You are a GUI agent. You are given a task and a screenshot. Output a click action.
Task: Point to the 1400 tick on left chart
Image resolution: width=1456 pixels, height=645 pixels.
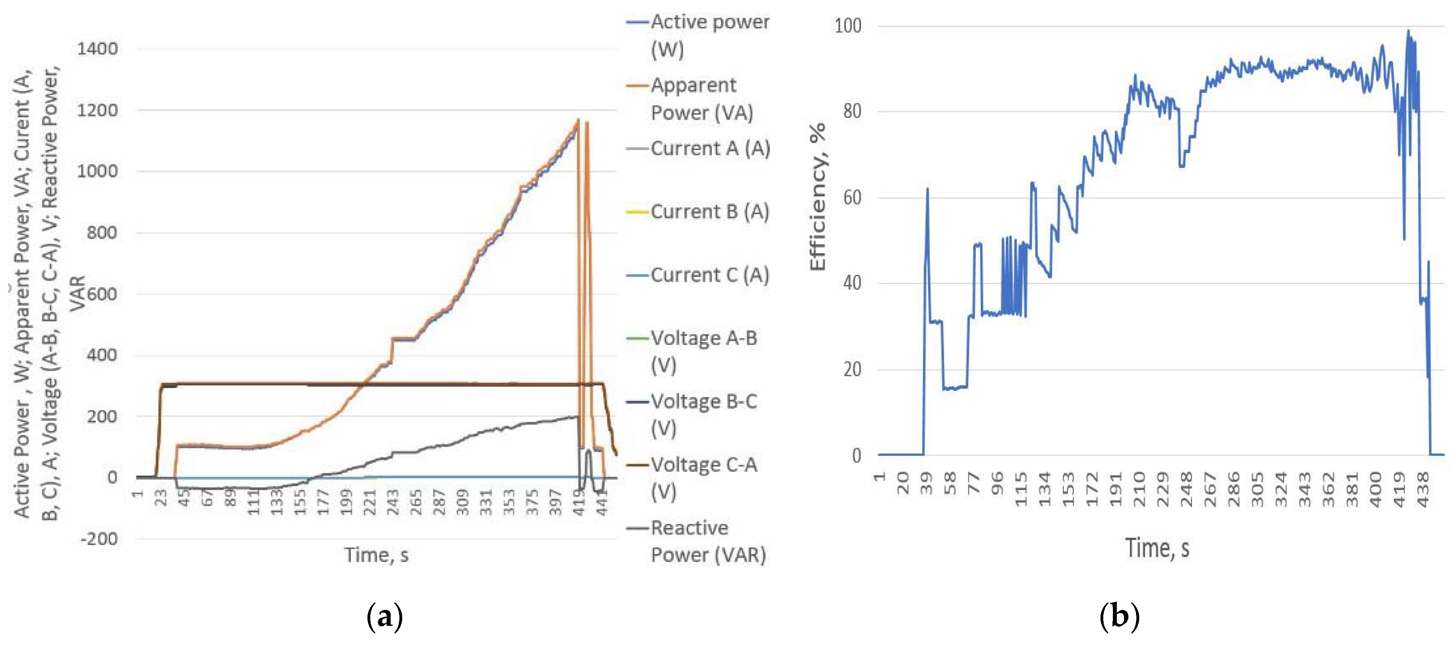pos(97,49)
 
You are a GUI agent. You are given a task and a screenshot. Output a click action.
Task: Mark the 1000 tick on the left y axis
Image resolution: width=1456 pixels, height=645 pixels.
pos(97,171)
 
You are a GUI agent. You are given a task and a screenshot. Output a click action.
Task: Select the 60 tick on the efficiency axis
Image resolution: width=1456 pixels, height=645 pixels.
pos(852,198)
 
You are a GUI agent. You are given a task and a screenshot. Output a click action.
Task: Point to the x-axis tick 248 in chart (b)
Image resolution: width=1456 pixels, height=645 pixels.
pos(1186,483)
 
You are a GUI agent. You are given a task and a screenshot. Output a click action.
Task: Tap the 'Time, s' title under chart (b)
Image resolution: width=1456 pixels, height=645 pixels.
pos(1157,548)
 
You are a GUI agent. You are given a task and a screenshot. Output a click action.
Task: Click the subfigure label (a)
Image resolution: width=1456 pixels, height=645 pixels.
pos(384,616)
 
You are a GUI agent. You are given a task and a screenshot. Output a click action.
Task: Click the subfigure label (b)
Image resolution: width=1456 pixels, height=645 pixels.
pos(1119,616)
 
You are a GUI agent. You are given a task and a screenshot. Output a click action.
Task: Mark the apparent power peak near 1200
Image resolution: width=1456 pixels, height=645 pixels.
pos(578,120)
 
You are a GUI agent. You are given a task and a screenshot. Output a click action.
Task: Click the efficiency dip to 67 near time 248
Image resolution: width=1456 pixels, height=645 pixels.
pos(1182,166)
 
